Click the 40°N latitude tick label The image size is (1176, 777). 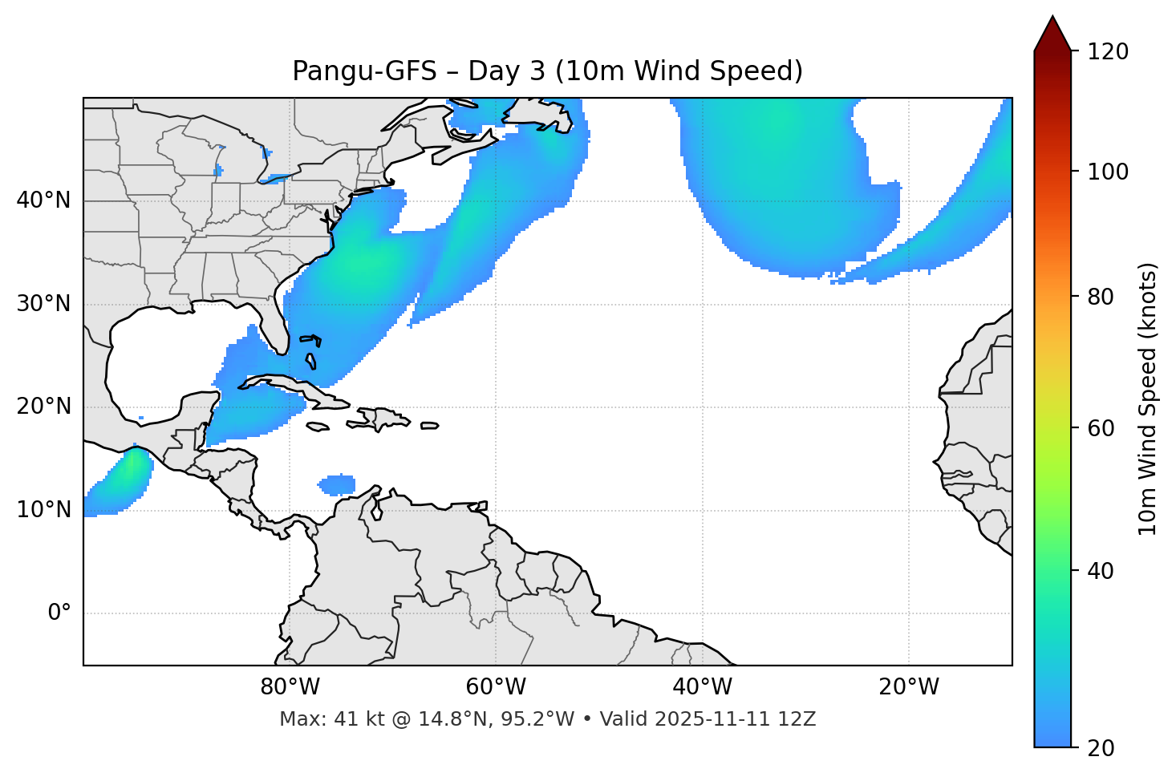point(43,200)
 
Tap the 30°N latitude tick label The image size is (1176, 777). point(43,304)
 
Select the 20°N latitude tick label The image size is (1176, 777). point(43,407)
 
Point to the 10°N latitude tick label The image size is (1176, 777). point(43,510)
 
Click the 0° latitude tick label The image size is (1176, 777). point(59,613)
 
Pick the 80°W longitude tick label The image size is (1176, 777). point(290,687)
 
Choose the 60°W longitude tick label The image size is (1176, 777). point(496,687)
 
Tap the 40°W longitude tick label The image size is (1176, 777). point(702,687)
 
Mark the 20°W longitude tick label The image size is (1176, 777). point(908,687)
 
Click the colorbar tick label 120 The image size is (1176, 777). point(1108,52)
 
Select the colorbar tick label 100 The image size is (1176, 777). point(1108,172)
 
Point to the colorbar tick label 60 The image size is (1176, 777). point(1101,428)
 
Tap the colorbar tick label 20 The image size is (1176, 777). point(1101,748)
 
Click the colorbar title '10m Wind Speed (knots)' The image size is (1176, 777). point(1148,399)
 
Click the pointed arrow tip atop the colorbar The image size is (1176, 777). point(1052,19)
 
